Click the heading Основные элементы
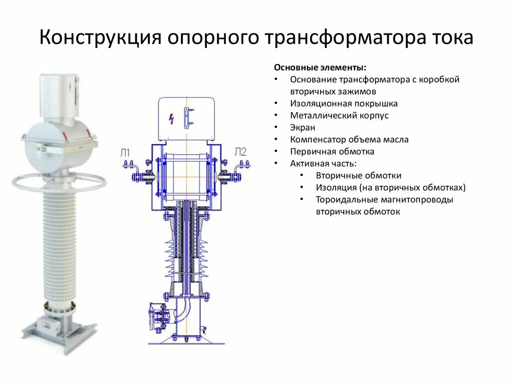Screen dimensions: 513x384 [320, 68]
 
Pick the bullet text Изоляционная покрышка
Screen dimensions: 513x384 [344, 104]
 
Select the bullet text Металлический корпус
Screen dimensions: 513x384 [339, 116]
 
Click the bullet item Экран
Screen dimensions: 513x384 [303, 128]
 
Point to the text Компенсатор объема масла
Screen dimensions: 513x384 [349, 140]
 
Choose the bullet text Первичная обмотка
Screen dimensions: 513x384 [332, 152]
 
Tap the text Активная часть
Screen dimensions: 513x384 [323, 164]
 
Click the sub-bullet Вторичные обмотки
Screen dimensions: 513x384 [358, 176]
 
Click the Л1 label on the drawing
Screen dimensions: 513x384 [125, 153]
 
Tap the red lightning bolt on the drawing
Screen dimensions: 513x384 [172, 119]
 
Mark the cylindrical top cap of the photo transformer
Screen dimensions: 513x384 [59, 95]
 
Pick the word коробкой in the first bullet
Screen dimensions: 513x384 [441, 80]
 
